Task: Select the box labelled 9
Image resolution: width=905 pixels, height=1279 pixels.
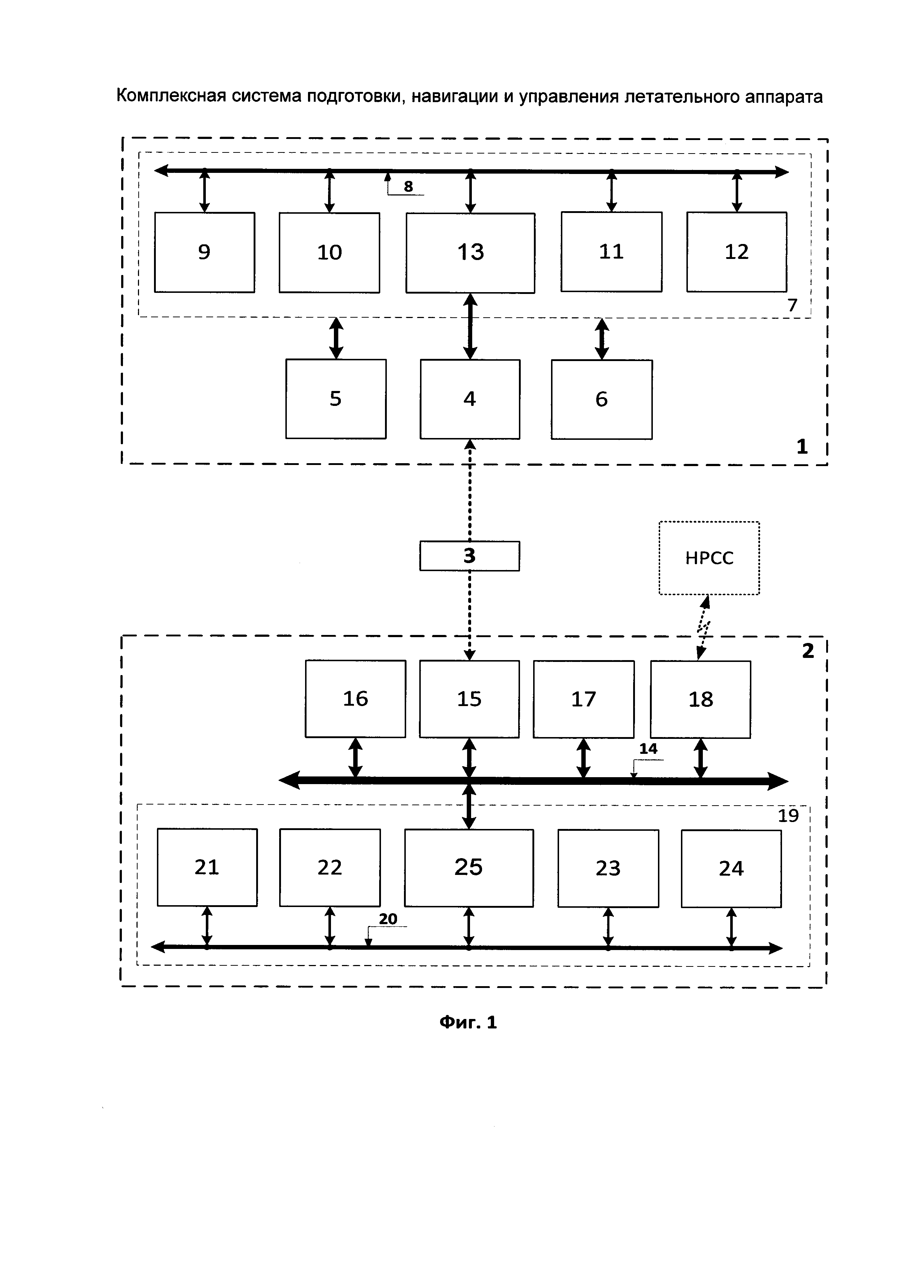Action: click(204, 252)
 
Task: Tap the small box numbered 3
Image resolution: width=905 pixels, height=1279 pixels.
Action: click(469, 555)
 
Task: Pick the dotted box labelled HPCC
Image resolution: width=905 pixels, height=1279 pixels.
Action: click(709, 558)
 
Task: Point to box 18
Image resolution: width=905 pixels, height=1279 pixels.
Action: click(701, 699)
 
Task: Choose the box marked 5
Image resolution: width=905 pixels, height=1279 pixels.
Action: click(335, 399)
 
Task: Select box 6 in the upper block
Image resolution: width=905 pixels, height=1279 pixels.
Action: click(601, 399)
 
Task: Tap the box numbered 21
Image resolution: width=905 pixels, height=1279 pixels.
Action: click(207, 867)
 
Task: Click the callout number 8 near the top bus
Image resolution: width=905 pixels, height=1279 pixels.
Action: click(408, 187)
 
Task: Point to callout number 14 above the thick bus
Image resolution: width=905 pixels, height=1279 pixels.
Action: click(648, 749)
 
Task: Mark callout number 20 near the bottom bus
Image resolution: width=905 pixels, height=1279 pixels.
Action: click(388, 919)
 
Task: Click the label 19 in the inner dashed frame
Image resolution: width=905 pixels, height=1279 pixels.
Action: click(788, 815)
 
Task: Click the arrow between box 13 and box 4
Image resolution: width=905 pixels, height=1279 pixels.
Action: click(470, 326)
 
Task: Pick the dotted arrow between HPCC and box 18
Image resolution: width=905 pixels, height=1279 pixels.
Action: click(703, 628)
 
